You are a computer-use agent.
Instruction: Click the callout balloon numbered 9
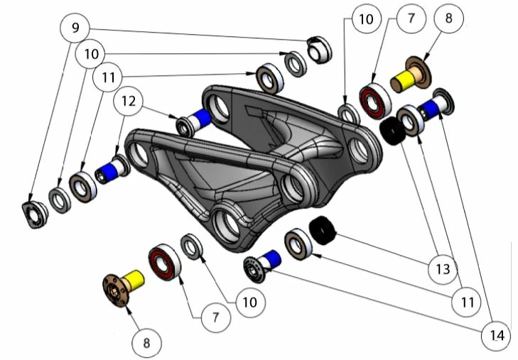click(x=75, y=29)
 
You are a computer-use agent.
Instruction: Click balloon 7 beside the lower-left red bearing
click(x=215, y=315)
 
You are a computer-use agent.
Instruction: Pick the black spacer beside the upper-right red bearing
click(x=390, y=129)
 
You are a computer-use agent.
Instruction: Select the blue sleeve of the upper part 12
click(x=203, y=116)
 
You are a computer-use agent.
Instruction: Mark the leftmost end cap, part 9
click(x=33, y=213)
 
